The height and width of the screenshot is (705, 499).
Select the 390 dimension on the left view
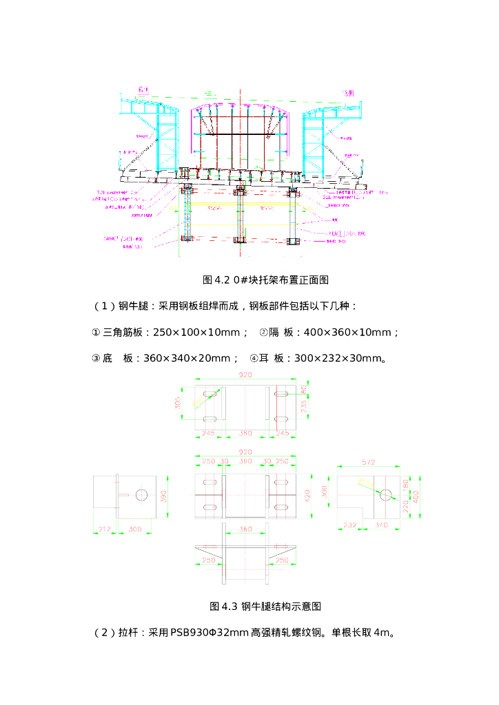click(x=164, y=496)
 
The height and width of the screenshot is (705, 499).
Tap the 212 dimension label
click(x=103, y=529)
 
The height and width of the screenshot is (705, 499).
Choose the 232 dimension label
click(x=349, y=525)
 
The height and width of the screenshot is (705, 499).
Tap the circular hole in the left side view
click(x=143, y=495)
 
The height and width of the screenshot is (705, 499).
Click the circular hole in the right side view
click(x=385, y=494)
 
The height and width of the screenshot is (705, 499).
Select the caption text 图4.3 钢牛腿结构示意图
click(x=265, y=607)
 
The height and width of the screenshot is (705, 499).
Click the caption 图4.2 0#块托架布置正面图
click(x=265, y=280)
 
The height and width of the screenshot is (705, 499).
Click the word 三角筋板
click(x=122, y=332)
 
